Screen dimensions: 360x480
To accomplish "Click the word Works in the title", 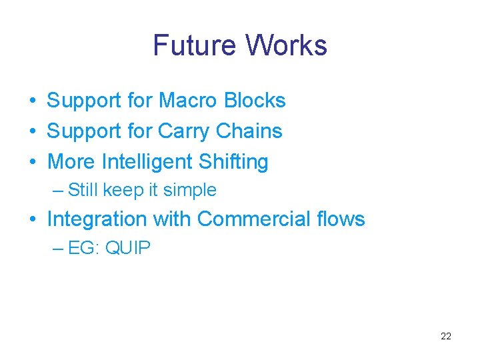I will coord(286,45).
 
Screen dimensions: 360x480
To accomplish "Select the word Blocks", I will coord(255,101).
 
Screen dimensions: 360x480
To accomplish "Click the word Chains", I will coord(251,131).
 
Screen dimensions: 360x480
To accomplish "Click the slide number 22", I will coord(446,336).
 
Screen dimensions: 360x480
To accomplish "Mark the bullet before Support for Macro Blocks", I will coord(31,101).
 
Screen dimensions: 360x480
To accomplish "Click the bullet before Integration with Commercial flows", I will coord(31,219).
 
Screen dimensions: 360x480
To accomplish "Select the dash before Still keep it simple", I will coord(57,190).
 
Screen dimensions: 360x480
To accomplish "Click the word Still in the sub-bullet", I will coord(83,190).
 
